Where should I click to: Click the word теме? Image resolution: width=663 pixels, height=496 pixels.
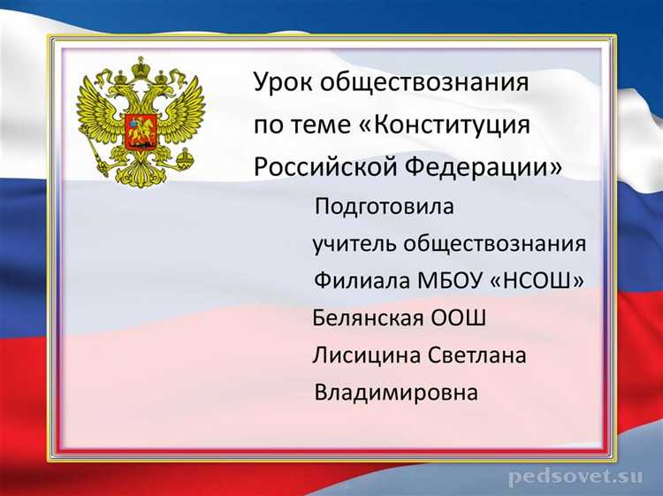tap(319, 125)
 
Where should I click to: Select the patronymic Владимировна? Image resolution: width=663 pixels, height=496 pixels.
tap(395, 392)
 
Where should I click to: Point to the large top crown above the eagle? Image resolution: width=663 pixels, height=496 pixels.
tap(139, 67)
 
